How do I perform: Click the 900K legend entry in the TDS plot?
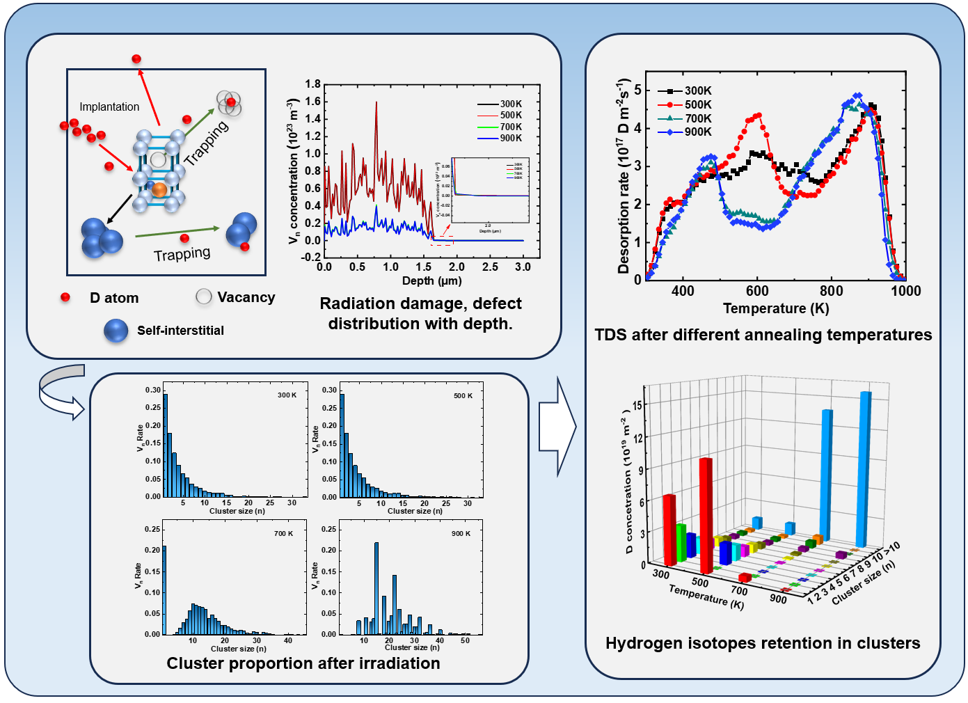[x=697, y=132]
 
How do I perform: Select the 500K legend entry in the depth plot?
[x=510, y=116]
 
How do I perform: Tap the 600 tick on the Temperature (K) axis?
[x=757, y=291]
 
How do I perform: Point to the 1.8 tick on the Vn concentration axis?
[x=312, y=84]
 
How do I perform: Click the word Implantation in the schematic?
[x=109, y=106]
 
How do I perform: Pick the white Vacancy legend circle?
[x=204, y=297]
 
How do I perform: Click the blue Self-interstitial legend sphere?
[x=116, y=331]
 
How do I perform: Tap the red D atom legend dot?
[x=65, y=297]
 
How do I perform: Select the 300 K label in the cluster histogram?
[x=287, y=395]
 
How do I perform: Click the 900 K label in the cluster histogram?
[x=461, y=534]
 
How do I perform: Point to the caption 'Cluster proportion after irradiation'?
[x=303, y=663]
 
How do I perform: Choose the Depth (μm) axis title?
[x=431, y=281]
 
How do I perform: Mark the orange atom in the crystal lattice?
[x=159, y=189]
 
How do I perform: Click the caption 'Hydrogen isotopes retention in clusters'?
[x=763, y=643]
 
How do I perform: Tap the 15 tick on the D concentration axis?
[x=637, y=405]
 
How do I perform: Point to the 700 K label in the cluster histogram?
[x=283, y=534]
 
